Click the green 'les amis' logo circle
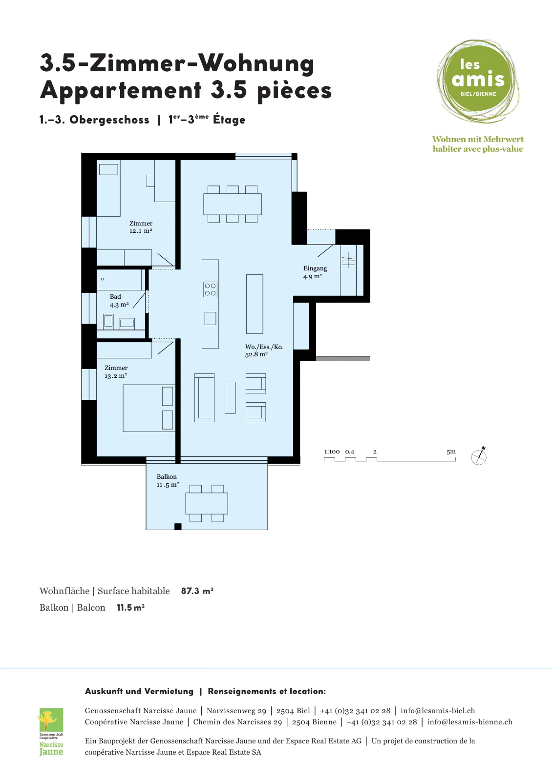(478, 81)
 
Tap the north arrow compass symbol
(479, 456)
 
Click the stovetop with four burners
(210, 289)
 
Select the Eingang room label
(315, 272)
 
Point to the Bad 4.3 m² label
(119, 301)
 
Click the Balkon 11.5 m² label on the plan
(168, 480)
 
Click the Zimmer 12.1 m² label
(141, 227)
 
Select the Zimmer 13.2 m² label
(116, 371)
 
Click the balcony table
(207, 503)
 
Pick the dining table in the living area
(233, 204)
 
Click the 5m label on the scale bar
(451, 452)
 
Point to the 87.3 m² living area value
(197, 591)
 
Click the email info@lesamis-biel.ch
(438, 710)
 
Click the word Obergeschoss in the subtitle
(109, 120)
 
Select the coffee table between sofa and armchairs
(230, 398)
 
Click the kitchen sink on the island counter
(210, 318)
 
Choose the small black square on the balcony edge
(178, 527)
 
